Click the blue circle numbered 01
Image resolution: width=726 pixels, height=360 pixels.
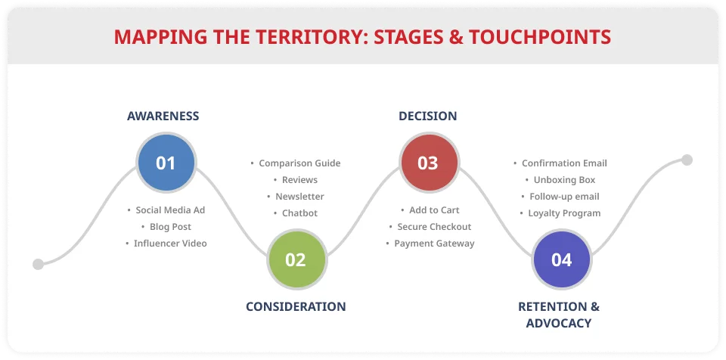pyautogui.click(x=166, y=163)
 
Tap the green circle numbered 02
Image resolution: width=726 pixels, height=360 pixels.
pyautogui.click(x=296, y=259)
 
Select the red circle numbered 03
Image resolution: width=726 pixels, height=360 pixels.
pyautogui.click(x=429, y=163)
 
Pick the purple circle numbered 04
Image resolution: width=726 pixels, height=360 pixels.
pyautogui.click(x=562, y=259)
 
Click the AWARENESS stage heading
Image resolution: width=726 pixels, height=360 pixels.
pyautogui.click(x=163, y=116)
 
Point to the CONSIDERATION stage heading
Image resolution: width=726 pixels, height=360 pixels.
pyautogui.click(x=296, y=307)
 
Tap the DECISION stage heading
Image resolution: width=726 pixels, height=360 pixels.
pyautogui.click(x=428, y=116)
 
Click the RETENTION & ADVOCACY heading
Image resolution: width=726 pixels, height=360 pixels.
pyautogui.click(x=559, y=315)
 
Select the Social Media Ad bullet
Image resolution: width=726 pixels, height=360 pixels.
pyautogui.click(x=166, y=210)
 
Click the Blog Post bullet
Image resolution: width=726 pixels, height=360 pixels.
pyautogui.click(x=166, y=227)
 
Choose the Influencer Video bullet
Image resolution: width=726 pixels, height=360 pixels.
pyautogui.click(x=166, y=244)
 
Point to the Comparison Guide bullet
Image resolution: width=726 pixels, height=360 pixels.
pyautogui.click(x=296, y=163)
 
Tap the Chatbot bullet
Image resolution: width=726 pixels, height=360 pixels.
pyautogui.click(x=296, y=213)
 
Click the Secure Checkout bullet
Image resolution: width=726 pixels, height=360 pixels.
pyautogui.click(x=430, y=227)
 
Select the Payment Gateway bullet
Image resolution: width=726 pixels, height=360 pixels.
pyautogui.click(x=430, y=244)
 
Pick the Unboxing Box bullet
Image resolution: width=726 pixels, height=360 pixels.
pyautogui.click(x=560, y=180)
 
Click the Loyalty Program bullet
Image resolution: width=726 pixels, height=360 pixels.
pyautogui.click(x=560, y=213)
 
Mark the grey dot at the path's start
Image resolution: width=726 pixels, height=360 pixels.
pyautogui.click(x=39, y=264)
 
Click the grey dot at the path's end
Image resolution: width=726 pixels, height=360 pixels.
pyautogui.click(x=687, y=160)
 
